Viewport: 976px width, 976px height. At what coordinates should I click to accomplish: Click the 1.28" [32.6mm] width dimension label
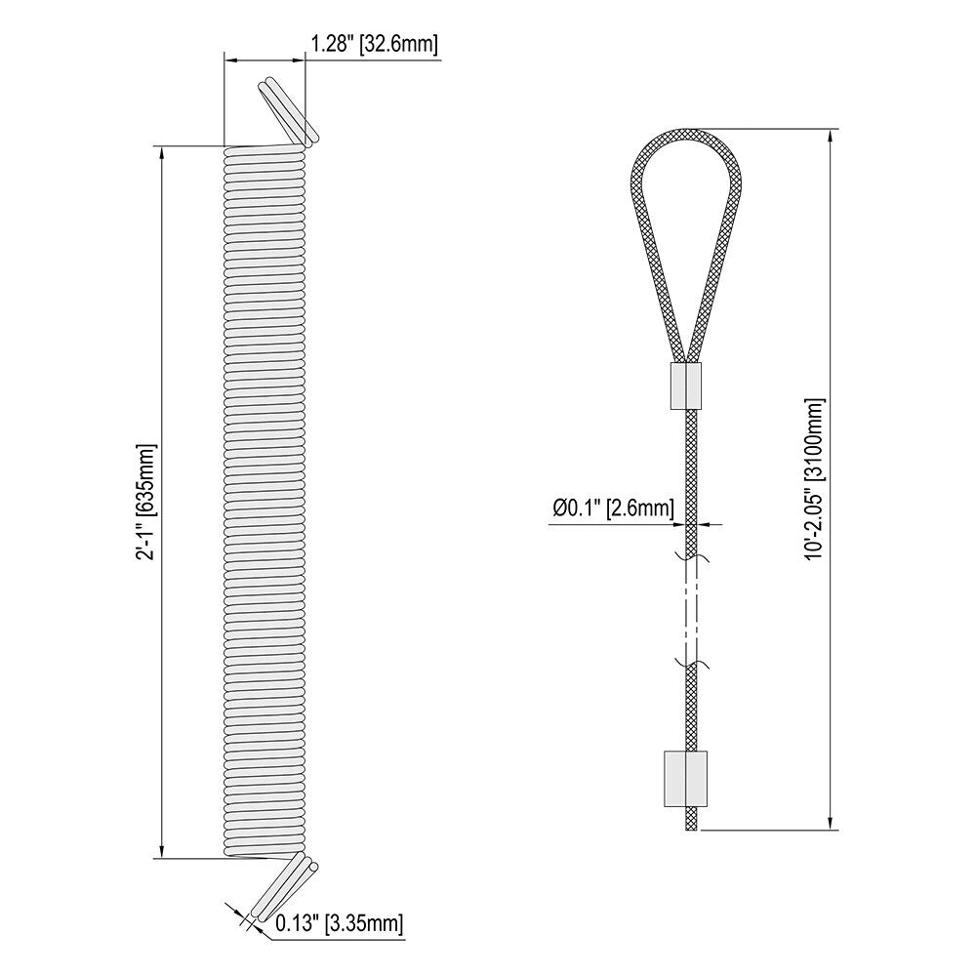click(x=374, y=45)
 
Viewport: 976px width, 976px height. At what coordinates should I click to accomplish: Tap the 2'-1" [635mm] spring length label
click(x=147, y=503)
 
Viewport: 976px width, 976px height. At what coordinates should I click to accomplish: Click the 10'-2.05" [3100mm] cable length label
click(x=815, y=478)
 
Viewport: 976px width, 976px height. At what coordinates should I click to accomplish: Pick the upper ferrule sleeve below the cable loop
click(x=686, y=386)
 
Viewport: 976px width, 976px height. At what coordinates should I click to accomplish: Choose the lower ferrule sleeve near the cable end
click(x=686, y=779)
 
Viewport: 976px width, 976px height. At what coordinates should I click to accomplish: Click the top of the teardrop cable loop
click(x=686, y=131)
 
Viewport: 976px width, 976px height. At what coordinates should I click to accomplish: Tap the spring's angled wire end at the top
click(x=289, y=112)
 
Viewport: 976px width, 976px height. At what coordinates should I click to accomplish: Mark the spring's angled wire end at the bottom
click(x=284, y=886)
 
